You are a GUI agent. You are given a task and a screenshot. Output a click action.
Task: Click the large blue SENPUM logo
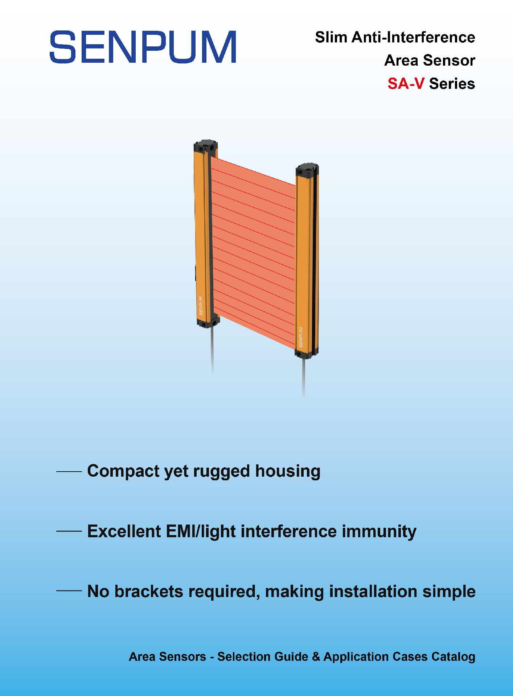(x=143, y=47)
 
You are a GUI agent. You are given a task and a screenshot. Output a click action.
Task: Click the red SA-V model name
(x=406, y=84)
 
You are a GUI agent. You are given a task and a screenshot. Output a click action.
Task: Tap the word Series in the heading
(x=452, y=84)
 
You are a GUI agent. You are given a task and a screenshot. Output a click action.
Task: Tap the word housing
(x=288, y=472)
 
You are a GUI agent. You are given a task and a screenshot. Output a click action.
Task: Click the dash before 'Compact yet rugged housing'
(x=69, y=472)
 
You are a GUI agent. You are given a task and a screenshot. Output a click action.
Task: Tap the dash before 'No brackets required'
(x=69, y=591)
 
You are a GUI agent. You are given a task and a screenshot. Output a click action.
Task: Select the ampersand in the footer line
(x=316, y=657)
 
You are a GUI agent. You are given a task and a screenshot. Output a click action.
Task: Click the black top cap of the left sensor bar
(x=206, y=146)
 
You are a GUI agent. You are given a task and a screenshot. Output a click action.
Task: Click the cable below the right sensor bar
(x=304, y=377)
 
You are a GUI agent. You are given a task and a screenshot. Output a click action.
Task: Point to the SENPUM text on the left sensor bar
(x=201, y=306)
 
